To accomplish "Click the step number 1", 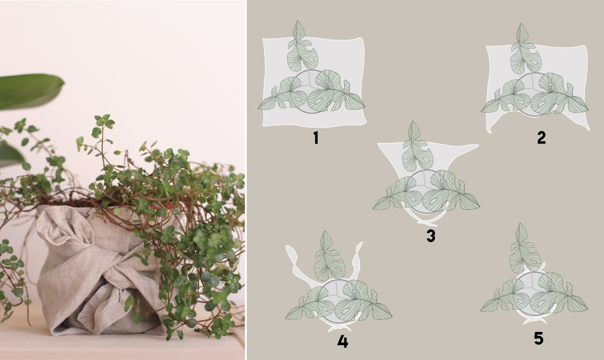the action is [316, 138].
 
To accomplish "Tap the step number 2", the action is [541, 138].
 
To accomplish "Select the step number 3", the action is [431, 236].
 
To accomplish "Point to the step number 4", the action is [342, 341].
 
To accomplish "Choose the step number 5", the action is [538, 338].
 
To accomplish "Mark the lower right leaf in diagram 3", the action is [450, 191].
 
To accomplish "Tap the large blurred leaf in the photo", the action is [29, 90].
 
